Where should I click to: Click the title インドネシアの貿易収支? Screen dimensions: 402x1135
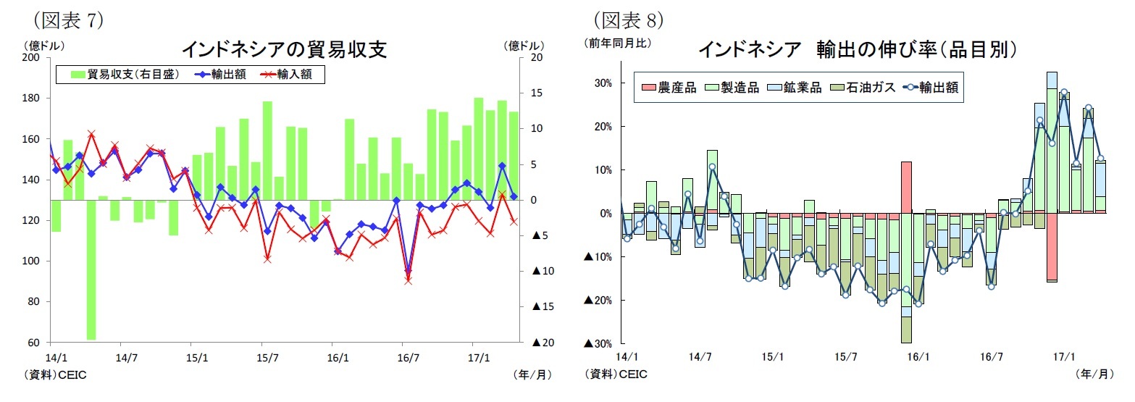pos(283,49)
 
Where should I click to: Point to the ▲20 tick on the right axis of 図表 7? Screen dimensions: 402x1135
pos(543,342)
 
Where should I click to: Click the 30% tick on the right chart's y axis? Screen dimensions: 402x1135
pos(604,83)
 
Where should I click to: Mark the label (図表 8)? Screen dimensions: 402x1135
pos(628,18)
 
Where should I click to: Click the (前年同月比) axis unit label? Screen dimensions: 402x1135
pos(618,43)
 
